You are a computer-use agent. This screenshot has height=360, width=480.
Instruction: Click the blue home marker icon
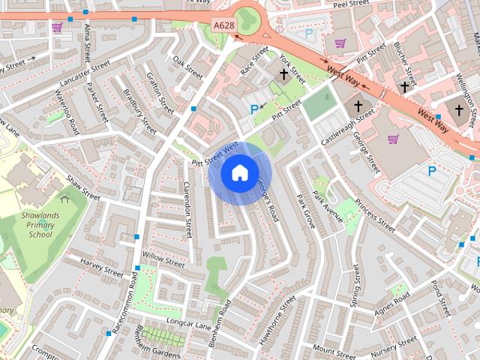tap(239, 173)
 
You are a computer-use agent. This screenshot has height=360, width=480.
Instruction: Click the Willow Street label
tap(163, 260)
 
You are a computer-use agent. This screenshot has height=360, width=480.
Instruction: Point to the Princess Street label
tap(375, 214)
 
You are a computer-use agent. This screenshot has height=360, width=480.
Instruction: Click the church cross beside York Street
tap(284, 74)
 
